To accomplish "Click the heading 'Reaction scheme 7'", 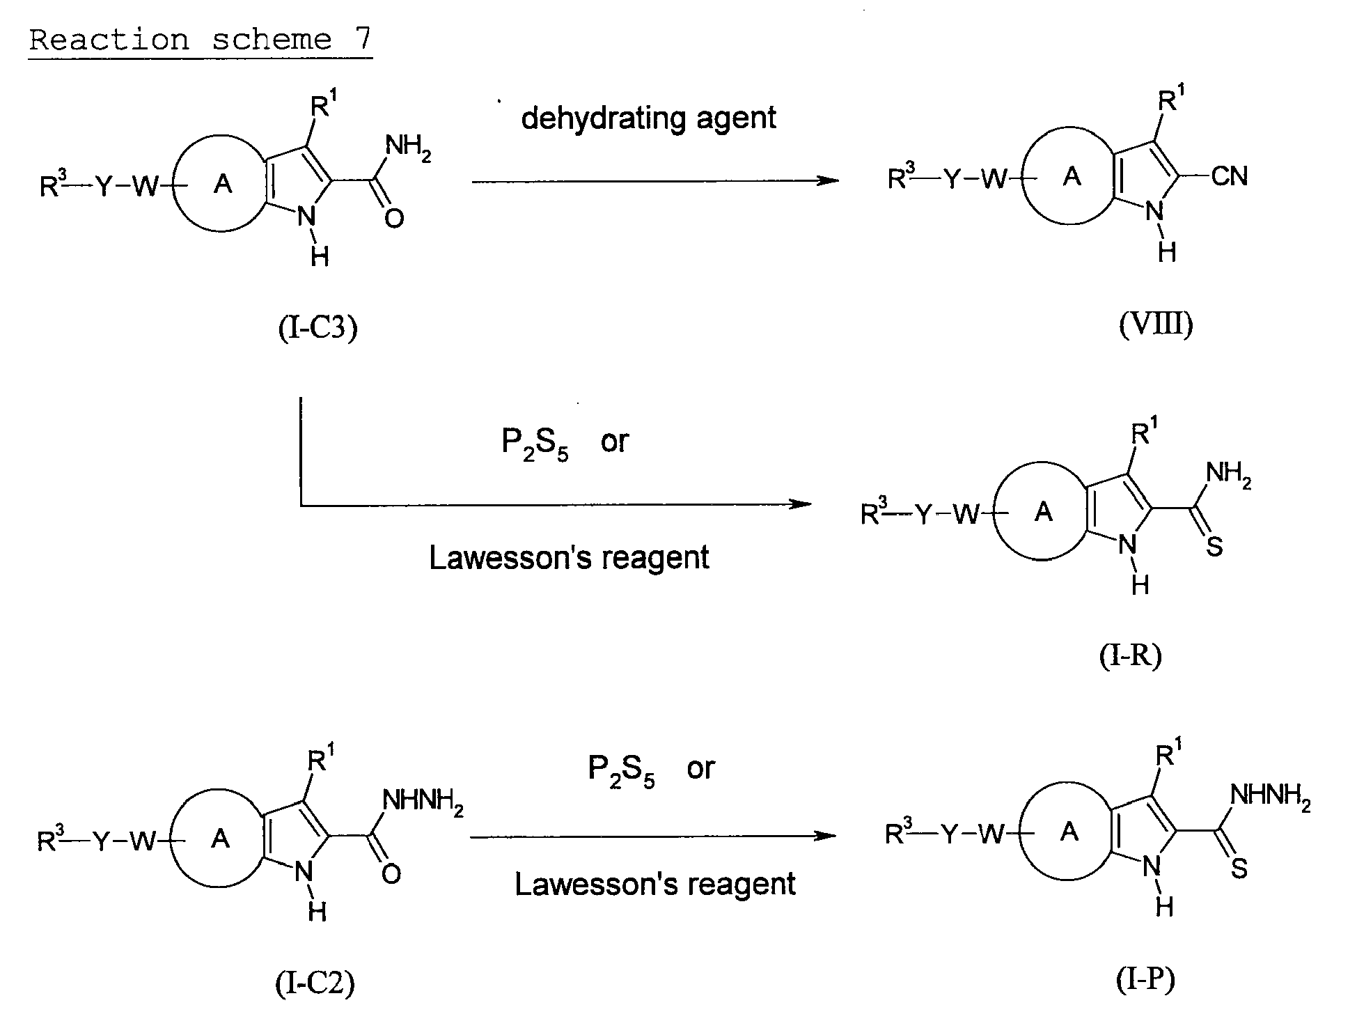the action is click(x=201, y=40).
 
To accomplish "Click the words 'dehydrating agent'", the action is click(x=648, y=119).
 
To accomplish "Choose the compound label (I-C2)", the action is click(x=315, y=983).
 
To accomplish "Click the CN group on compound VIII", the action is click(x=1230, y=176).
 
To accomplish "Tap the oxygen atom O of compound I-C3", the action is click(x=394, y=219).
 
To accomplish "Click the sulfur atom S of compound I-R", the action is click(x=1215, y=547).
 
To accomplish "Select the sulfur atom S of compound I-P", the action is click(x=1239, y=868).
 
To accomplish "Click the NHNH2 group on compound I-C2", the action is click(x=423, y=802).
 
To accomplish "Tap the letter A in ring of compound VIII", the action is click(x=1073, y=177).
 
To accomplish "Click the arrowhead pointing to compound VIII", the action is click(x=828, y=181).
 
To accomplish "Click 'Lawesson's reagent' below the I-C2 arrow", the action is click(x=655, y=885).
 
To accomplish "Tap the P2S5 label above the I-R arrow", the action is click(x=535, y=444).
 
